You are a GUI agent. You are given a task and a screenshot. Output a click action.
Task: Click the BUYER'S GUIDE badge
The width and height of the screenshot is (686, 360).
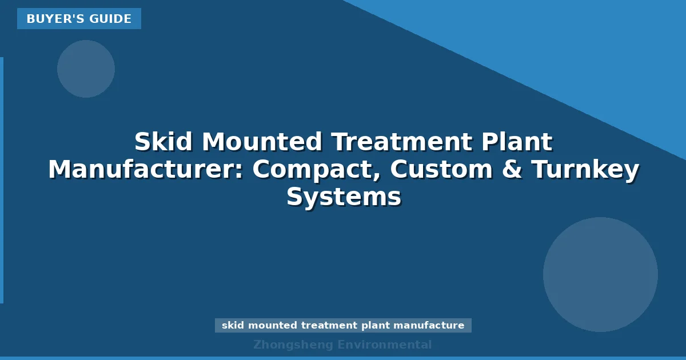[79, 19]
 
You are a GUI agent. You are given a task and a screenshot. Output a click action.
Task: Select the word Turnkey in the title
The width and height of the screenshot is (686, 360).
[585, 170]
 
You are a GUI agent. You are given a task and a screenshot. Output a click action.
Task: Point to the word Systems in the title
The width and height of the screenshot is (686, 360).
[344, 198]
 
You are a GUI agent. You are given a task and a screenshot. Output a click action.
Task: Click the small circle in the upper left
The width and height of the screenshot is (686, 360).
[86, 69]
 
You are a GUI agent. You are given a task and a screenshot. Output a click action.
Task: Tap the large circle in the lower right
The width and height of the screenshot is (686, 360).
[600, 274]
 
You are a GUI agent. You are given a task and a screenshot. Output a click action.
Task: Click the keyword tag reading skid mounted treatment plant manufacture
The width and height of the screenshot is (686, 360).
[343, 326]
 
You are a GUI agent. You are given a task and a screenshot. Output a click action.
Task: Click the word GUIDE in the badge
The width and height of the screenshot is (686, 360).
[110, 19]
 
